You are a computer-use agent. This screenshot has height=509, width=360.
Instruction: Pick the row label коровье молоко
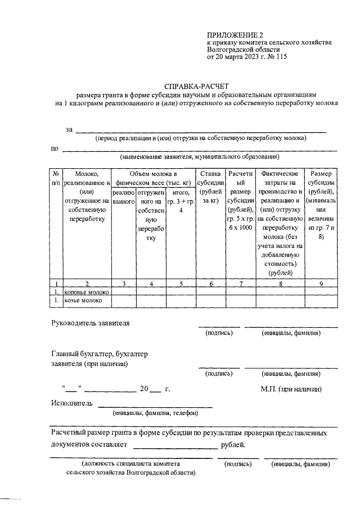click(x=87, y=292)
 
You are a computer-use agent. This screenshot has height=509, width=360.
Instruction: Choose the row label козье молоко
click(x=83, y=301)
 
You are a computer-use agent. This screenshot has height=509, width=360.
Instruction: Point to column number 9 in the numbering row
click(x=321, y=283)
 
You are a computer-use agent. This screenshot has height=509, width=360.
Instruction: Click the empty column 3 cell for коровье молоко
click(x=124, y=292)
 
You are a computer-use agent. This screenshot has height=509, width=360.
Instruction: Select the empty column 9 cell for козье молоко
click(x=321, y=301)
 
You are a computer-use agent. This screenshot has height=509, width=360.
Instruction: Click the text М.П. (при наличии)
click(x=291, y=389)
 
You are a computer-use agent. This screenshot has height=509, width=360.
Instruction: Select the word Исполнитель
click(x=71, y=403)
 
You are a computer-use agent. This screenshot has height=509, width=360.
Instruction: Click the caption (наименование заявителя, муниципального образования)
click(x=199, y=156)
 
